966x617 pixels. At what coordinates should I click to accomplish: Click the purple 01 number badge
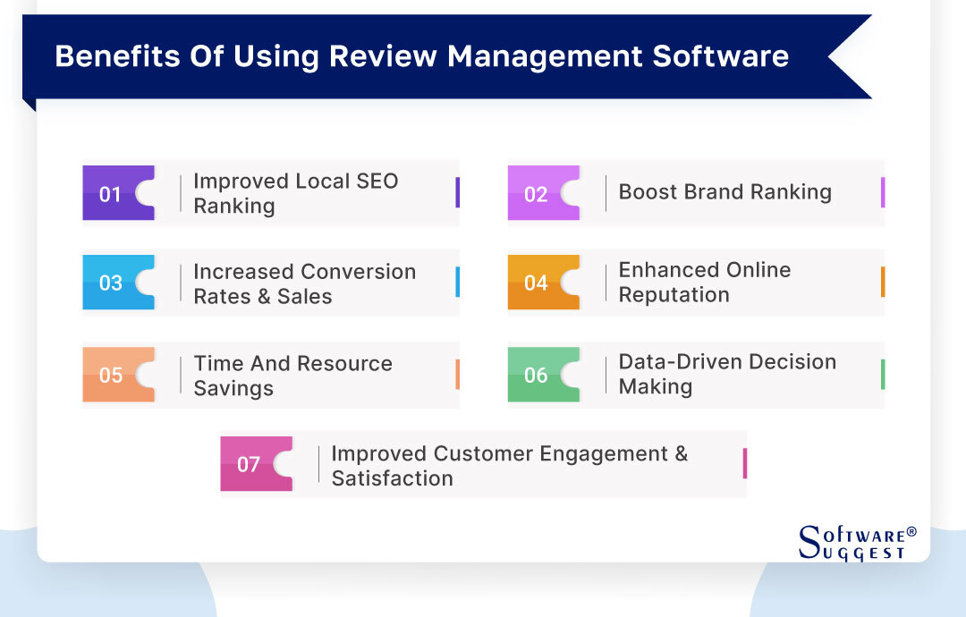point(111,193)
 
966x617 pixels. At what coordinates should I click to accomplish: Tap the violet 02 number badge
point(536,193)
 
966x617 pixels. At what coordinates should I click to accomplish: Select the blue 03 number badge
point(111,283)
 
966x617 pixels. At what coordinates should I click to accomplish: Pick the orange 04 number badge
point(536,283)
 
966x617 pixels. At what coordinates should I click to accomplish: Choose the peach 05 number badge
point(111,375)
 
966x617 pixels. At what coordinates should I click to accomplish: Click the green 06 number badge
point(536,375)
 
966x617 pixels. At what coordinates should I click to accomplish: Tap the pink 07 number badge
point(249,464)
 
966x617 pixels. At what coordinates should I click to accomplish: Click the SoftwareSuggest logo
point(857,542)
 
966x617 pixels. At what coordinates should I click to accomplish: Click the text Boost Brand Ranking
point(724,192)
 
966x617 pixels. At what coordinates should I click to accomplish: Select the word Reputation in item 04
point(674,295)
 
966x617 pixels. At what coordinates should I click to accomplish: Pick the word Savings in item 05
point(233,388)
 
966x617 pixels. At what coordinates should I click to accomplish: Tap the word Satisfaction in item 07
point(392,478)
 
